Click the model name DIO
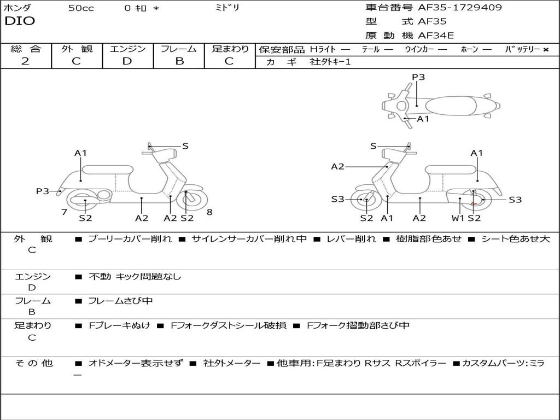[x=20, y=21]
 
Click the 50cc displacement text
[x=81, y=8]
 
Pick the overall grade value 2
[x=25, y=61]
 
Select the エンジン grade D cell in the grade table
[x=127, y=61]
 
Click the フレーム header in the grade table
[x=179, y=49]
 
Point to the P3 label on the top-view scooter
[x=418, y=77]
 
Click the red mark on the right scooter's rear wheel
[x=474, y=204]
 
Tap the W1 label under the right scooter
[x=457, y=218]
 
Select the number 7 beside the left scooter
[x=64, y=212]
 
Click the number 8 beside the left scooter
[x=209, y=212]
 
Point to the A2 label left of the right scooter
[x=337, y=167]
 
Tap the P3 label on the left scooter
[x=43, y=191]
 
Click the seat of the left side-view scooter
[x=107, y=170]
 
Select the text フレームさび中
[x=120, y=301]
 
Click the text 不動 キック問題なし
[x=135, y=277]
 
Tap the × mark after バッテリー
[x=546, y=49]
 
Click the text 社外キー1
[x=330, y=62]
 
